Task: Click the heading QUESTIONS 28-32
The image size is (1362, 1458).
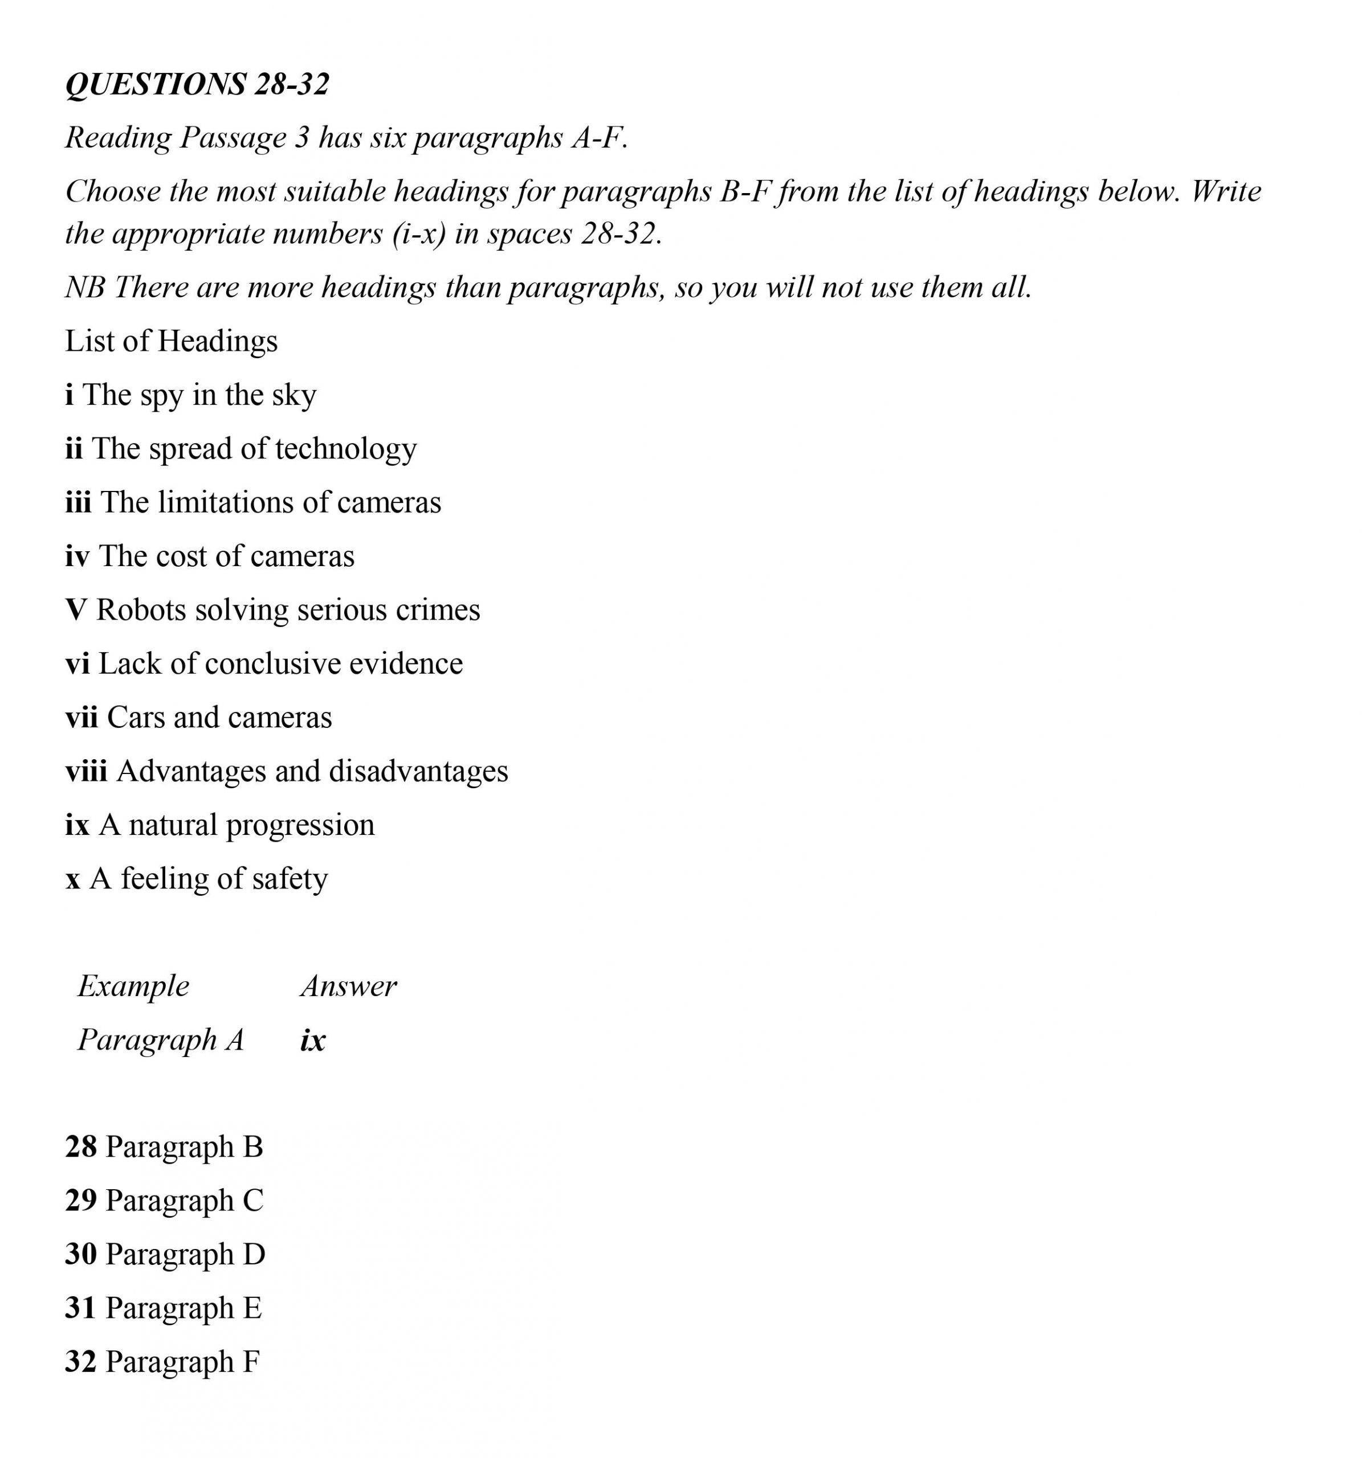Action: (197, 84)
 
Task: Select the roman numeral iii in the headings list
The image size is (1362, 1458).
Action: (78, 502)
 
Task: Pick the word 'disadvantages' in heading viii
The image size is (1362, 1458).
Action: (418, 772)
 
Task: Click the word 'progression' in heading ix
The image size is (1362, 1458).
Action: (300, 826)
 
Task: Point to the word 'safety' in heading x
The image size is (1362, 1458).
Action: (290, 879)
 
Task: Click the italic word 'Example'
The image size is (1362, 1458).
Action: (133, 986)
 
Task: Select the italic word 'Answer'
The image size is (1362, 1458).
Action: (349, 986)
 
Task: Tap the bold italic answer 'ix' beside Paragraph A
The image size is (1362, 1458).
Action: (313, 1040)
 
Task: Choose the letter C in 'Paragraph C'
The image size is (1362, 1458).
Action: (252, 1201)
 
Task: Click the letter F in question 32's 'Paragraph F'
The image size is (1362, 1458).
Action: (251, 1362)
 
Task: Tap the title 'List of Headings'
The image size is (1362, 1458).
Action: (171, 341)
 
